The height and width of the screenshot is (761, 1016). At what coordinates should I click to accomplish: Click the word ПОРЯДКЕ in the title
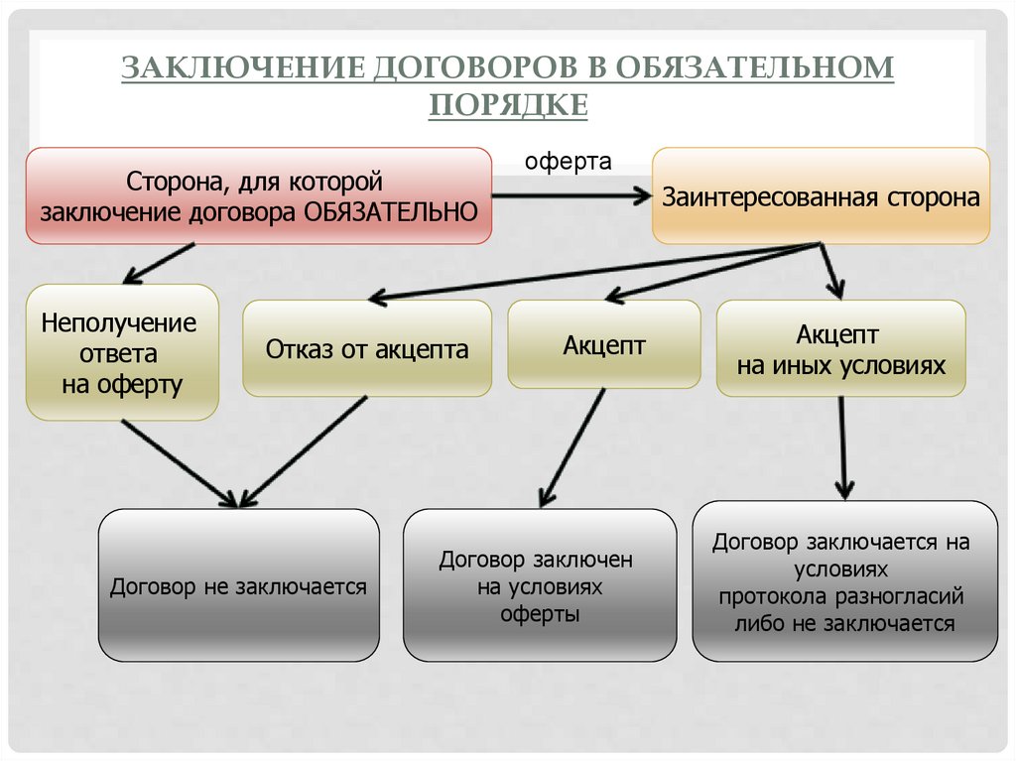[x=508, y=103]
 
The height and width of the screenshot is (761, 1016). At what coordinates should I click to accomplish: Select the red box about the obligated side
[x=258, y=195]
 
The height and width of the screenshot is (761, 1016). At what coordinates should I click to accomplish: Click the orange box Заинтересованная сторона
[x=820, y=195]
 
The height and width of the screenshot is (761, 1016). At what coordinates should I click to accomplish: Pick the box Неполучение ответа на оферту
[x=122, y=352]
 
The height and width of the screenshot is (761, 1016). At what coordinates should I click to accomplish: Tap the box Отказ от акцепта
[x=366, y=348]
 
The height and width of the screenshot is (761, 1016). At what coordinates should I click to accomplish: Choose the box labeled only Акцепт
[x=603, y=344]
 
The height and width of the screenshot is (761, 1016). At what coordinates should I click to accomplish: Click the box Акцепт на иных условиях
[x=840, y=348]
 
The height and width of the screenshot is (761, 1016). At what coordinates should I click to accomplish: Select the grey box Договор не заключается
[x=238, y=585]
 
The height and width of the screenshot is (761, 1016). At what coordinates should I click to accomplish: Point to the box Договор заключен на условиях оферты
[x=539, y=585]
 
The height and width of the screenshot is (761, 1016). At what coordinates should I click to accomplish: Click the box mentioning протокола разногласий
[x=844, y=581]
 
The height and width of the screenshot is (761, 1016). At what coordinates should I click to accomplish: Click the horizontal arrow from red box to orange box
[x=570, y=196]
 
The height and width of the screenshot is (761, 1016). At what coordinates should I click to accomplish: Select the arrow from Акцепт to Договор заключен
[x=571, y=446]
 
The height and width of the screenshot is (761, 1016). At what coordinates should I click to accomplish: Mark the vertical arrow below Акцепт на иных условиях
[x=842, y=446]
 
